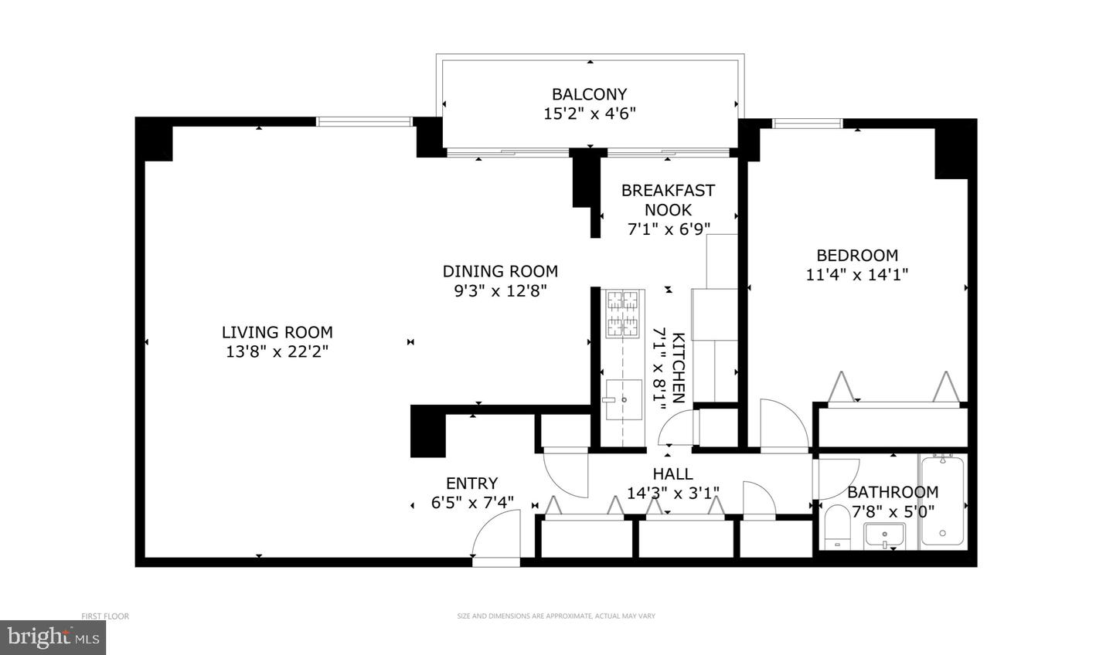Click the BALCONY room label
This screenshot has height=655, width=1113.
tap(589, 94)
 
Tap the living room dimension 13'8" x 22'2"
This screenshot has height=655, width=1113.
tap(277, 351)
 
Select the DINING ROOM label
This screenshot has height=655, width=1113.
tap(500, 271)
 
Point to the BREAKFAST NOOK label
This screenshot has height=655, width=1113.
tap(668, 199)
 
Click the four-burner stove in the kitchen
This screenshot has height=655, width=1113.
tap(623, 314)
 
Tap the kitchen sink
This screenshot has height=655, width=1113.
tap(623, 399)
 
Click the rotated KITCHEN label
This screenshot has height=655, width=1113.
tap(678, 368)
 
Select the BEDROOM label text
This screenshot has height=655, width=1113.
tap(857, 255)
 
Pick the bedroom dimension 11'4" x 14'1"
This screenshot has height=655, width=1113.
tap(856, 274)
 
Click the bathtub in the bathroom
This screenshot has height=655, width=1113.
tap(942, 501)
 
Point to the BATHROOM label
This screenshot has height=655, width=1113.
tap(893, 492)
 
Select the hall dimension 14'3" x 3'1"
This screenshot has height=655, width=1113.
tap(672, 493)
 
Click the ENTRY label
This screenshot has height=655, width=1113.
tap(471, 484)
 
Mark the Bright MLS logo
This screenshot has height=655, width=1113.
tap(53, 637)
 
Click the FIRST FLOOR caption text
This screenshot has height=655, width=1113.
tap(105, 616)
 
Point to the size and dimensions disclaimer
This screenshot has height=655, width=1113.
tap(556, 616)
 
